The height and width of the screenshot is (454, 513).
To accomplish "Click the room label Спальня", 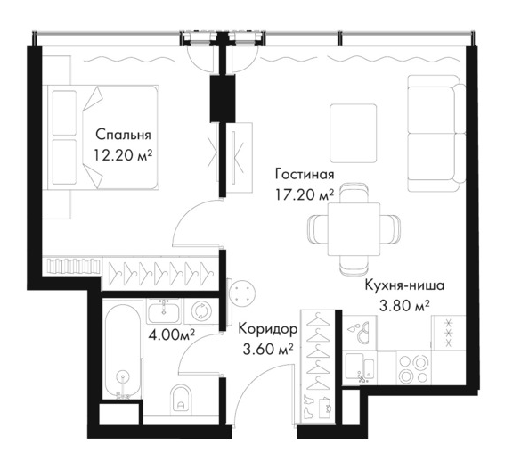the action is coord(123,135).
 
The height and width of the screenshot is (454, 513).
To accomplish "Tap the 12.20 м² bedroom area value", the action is coord(123,155).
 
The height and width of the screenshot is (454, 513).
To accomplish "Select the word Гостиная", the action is coord(305,174).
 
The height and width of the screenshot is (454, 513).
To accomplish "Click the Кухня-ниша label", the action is coord(404,285).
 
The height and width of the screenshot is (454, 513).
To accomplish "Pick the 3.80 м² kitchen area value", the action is coord(404,306).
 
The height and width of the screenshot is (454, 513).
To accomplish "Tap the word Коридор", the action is coord(268,328).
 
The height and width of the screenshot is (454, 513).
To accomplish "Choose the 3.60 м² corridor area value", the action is coord(268,349).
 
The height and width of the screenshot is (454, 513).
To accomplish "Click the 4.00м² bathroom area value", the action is coord(171,334).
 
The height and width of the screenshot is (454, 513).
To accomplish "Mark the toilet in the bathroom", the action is coord(181,399).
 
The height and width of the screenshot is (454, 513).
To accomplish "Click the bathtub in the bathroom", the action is coord(122,351).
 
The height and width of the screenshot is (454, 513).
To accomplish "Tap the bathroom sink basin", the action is coord(163,311).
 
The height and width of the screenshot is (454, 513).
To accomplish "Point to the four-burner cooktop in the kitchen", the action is coord(414,367).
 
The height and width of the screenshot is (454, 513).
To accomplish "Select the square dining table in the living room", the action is coord(354,229).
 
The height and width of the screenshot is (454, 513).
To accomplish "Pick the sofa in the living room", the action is coord(436,133).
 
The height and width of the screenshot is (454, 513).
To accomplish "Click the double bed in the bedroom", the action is coord(102,137).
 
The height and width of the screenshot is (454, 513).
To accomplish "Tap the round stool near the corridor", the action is coord(241,294).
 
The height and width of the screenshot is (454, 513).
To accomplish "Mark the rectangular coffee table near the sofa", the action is coord(353,133).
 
